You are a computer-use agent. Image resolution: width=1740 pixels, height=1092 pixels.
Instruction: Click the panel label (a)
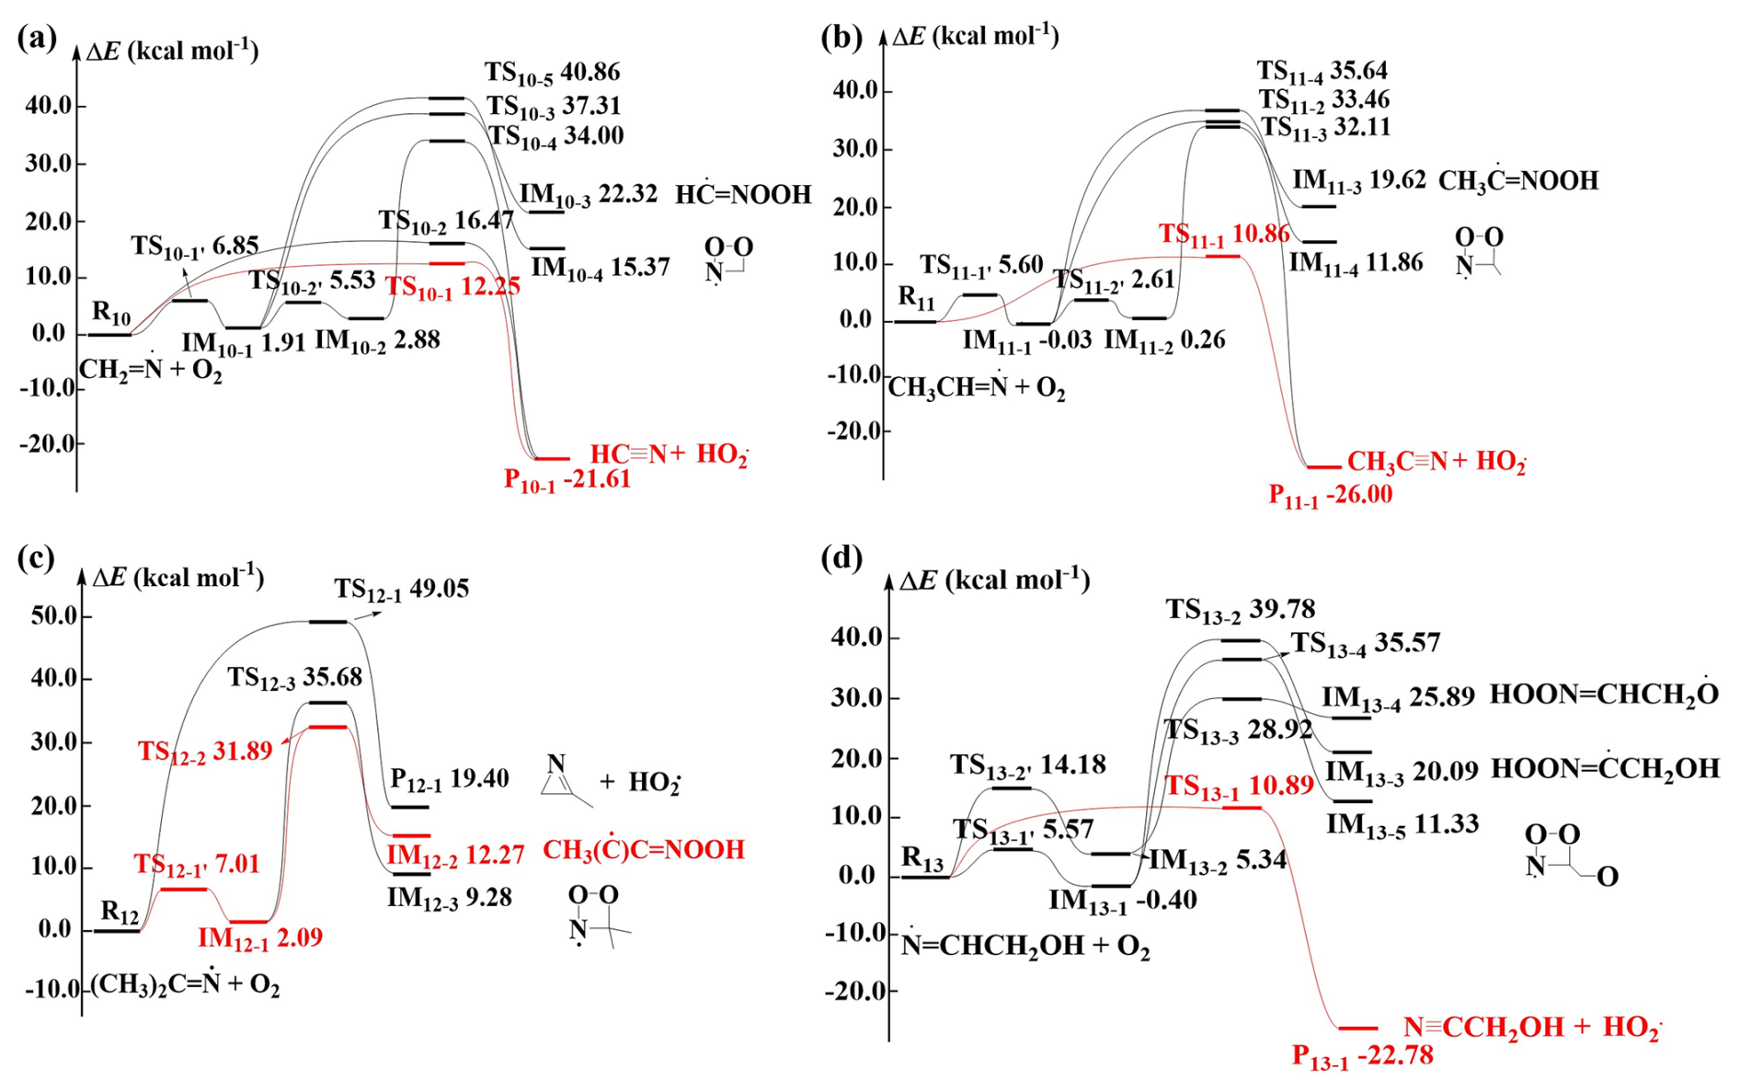pos(37,38)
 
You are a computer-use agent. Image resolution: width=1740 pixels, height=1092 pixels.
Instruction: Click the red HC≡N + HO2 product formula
pos(669,454)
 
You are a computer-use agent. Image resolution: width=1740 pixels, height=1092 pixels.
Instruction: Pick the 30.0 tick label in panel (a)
pos(49,164)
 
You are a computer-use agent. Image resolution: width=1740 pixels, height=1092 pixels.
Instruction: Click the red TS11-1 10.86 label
pos(1223,234)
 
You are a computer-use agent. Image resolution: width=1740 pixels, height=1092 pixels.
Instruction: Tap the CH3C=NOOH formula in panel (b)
pos(1517,180)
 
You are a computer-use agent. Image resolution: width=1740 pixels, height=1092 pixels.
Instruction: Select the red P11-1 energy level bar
pos(1324,467)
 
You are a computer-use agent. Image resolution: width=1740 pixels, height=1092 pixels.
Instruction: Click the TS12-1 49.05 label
pos(401,589)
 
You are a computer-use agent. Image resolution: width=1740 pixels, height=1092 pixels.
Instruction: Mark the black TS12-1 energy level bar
pos(328,622)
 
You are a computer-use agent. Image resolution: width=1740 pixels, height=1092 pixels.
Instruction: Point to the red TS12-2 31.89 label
pos(205,751)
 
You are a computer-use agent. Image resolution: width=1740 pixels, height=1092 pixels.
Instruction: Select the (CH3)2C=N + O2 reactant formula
pos(185,985)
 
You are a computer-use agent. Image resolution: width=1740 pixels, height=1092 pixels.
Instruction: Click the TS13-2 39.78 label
pos(1240,609)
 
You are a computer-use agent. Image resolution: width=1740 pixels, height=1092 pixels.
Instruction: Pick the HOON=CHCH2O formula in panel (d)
pos(1604,695)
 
